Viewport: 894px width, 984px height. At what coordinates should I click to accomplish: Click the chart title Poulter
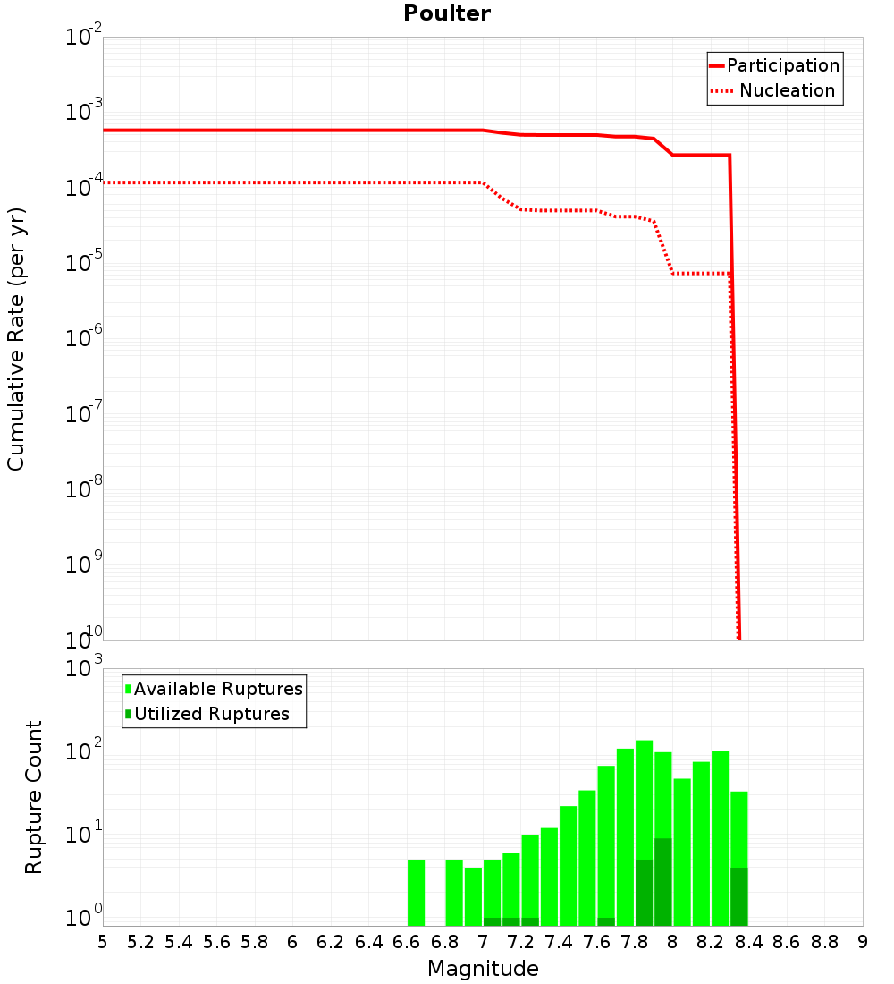pos(446,13)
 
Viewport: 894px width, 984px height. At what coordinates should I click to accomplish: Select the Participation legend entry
pos(783,65)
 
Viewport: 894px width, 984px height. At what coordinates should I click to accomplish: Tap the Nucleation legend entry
pos(787,90)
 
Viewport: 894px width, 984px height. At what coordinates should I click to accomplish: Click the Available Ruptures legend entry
pos(218,689)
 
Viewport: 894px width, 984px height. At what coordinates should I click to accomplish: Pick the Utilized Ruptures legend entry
pos(212,714)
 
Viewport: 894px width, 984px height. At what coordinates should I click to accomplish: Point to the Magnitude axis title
pos(483,969)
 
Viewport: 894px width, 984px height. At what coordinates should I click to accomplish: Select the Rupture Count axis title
pos(34,797)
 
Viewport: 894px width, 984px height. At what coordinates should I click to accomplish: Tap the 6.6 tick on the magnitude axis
pos(407,942)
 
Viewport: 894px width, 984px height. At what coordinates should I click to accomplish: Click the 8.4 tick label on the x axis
pos(748,942)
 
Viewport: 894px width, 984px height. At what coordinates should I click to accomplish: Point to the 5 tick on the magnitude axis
pos(103,942)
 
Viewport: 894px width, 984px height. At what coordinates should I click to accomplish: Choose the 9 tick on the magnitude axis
pos(863,942)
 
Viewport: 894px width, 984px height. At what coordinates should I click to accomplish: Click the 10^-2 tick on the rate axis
pos(84,38)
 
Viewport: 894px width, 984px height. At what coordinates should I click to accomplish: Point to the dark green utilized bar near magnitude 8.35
pos(738,896)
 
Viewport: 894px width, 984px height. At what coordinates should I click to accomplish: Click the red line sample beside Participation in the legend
pos(716,65)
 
